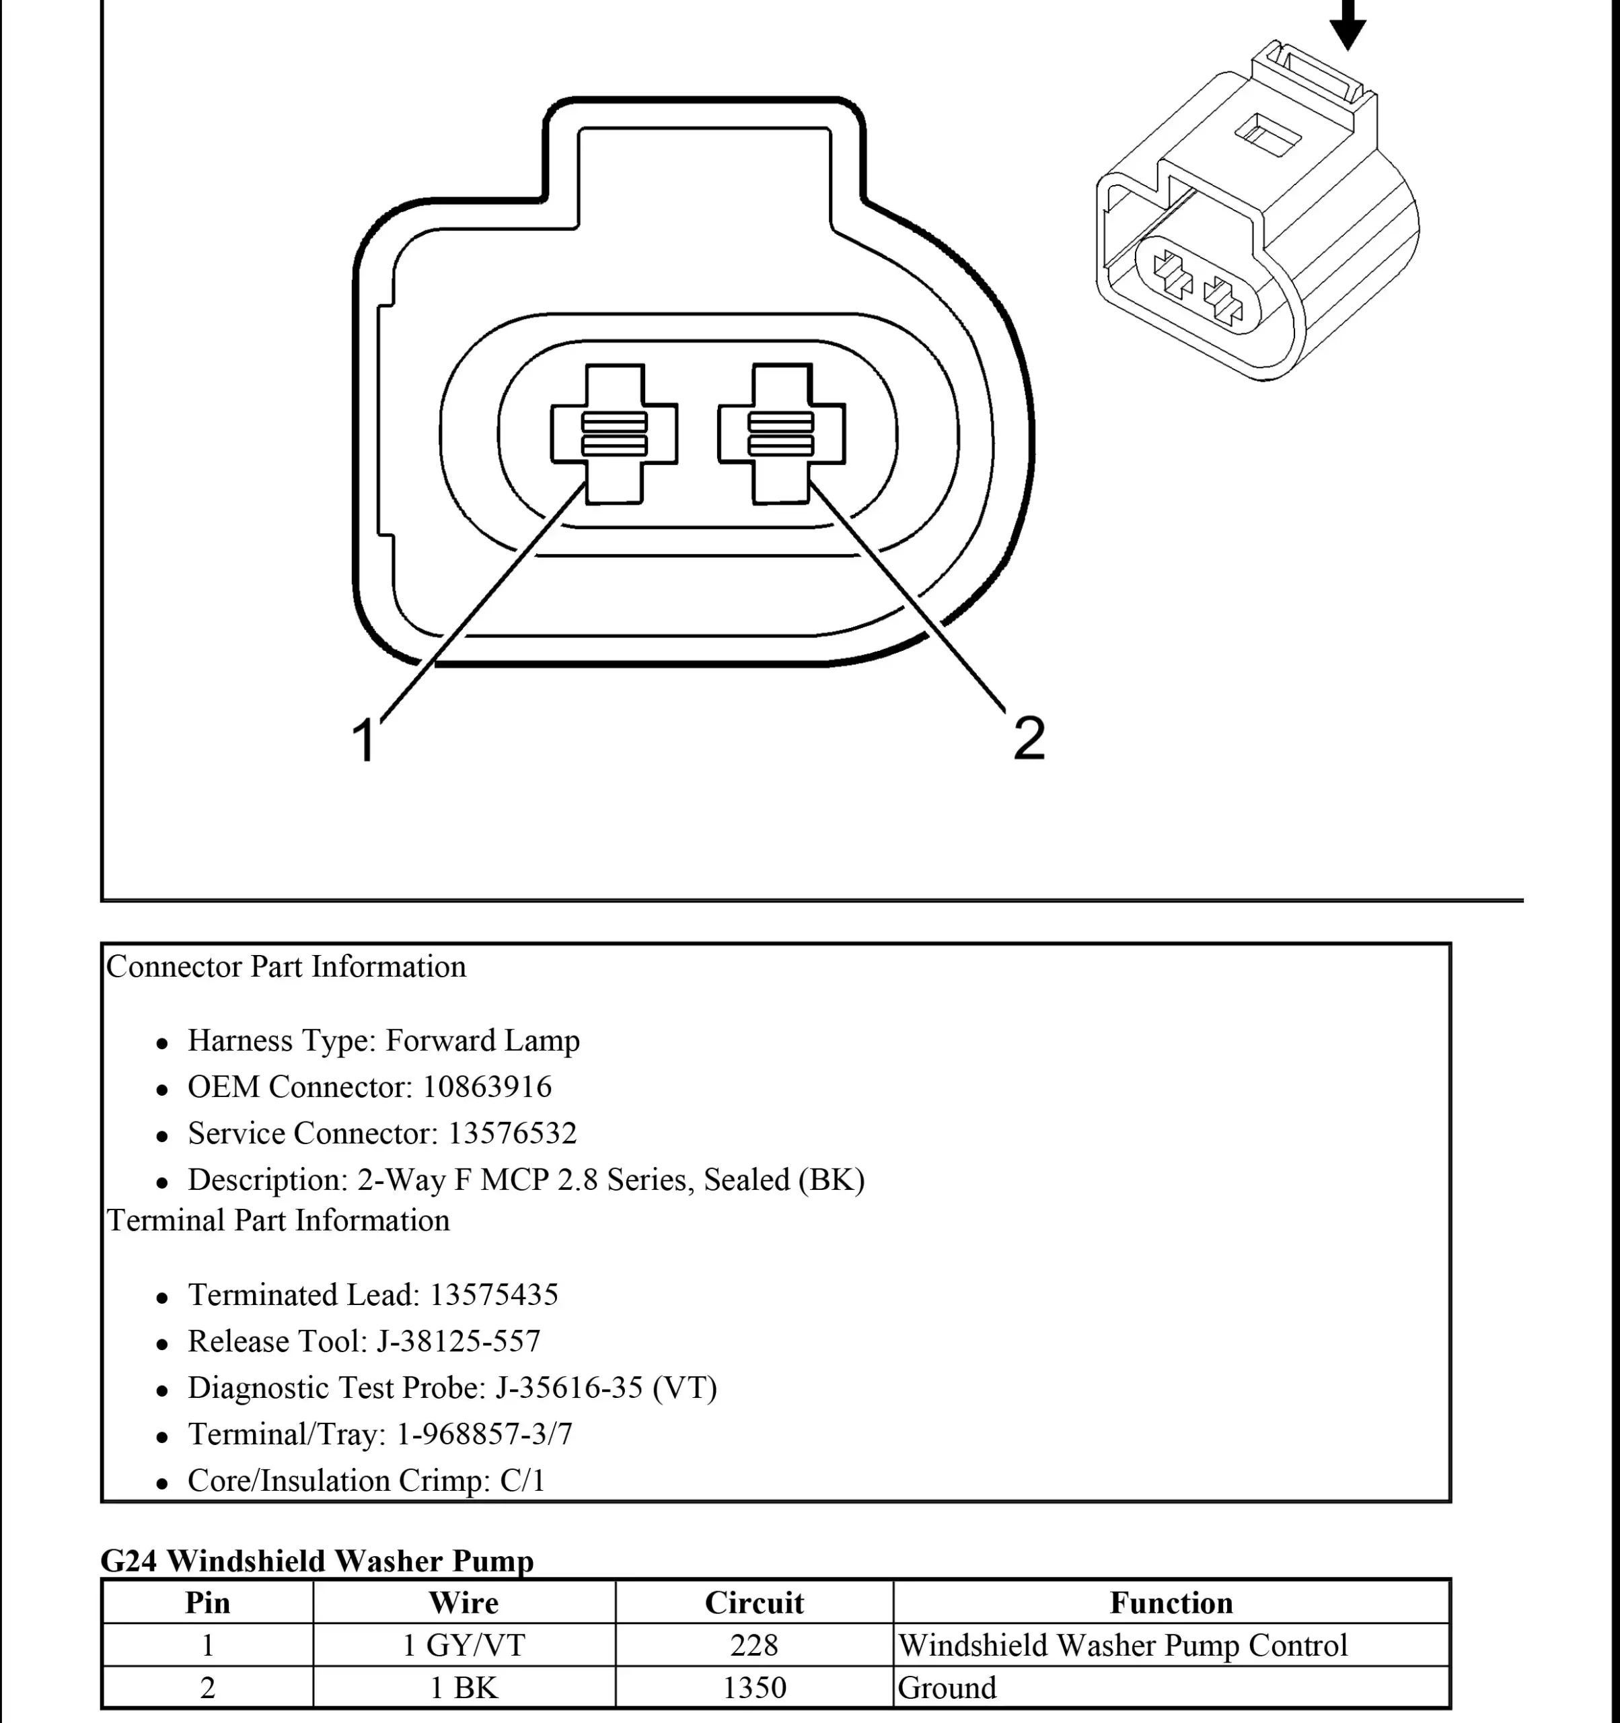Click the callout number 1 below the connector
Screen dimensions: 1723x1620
coord(365,739)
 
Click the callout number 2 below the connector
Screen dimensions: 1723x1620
coord(1029,738)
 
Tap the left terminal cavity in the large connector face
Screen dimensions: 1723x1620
coord(614,433)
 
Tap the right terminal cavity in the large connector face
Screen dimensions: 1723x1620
coord(782,433)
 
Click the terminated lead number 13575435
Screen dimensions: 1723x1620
coord(494,1295)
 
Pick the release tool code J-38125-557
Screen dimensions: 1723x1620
coord(458,1341)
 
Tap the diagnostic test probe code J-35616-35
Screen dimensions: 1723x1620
coord(569,1388)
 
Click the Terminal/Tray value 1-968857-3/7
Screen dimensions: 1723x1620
coord(484,1434)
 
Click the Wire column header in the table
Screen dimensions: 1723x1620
coord(464,1603)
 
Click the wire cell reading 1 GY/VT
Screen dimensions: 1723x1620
coord(464,1645)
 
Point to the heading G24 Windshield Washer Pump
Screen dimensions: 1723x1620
coord(317,1561)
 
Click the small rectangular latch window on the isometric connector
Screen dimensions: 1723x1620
coord(1267,133)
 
